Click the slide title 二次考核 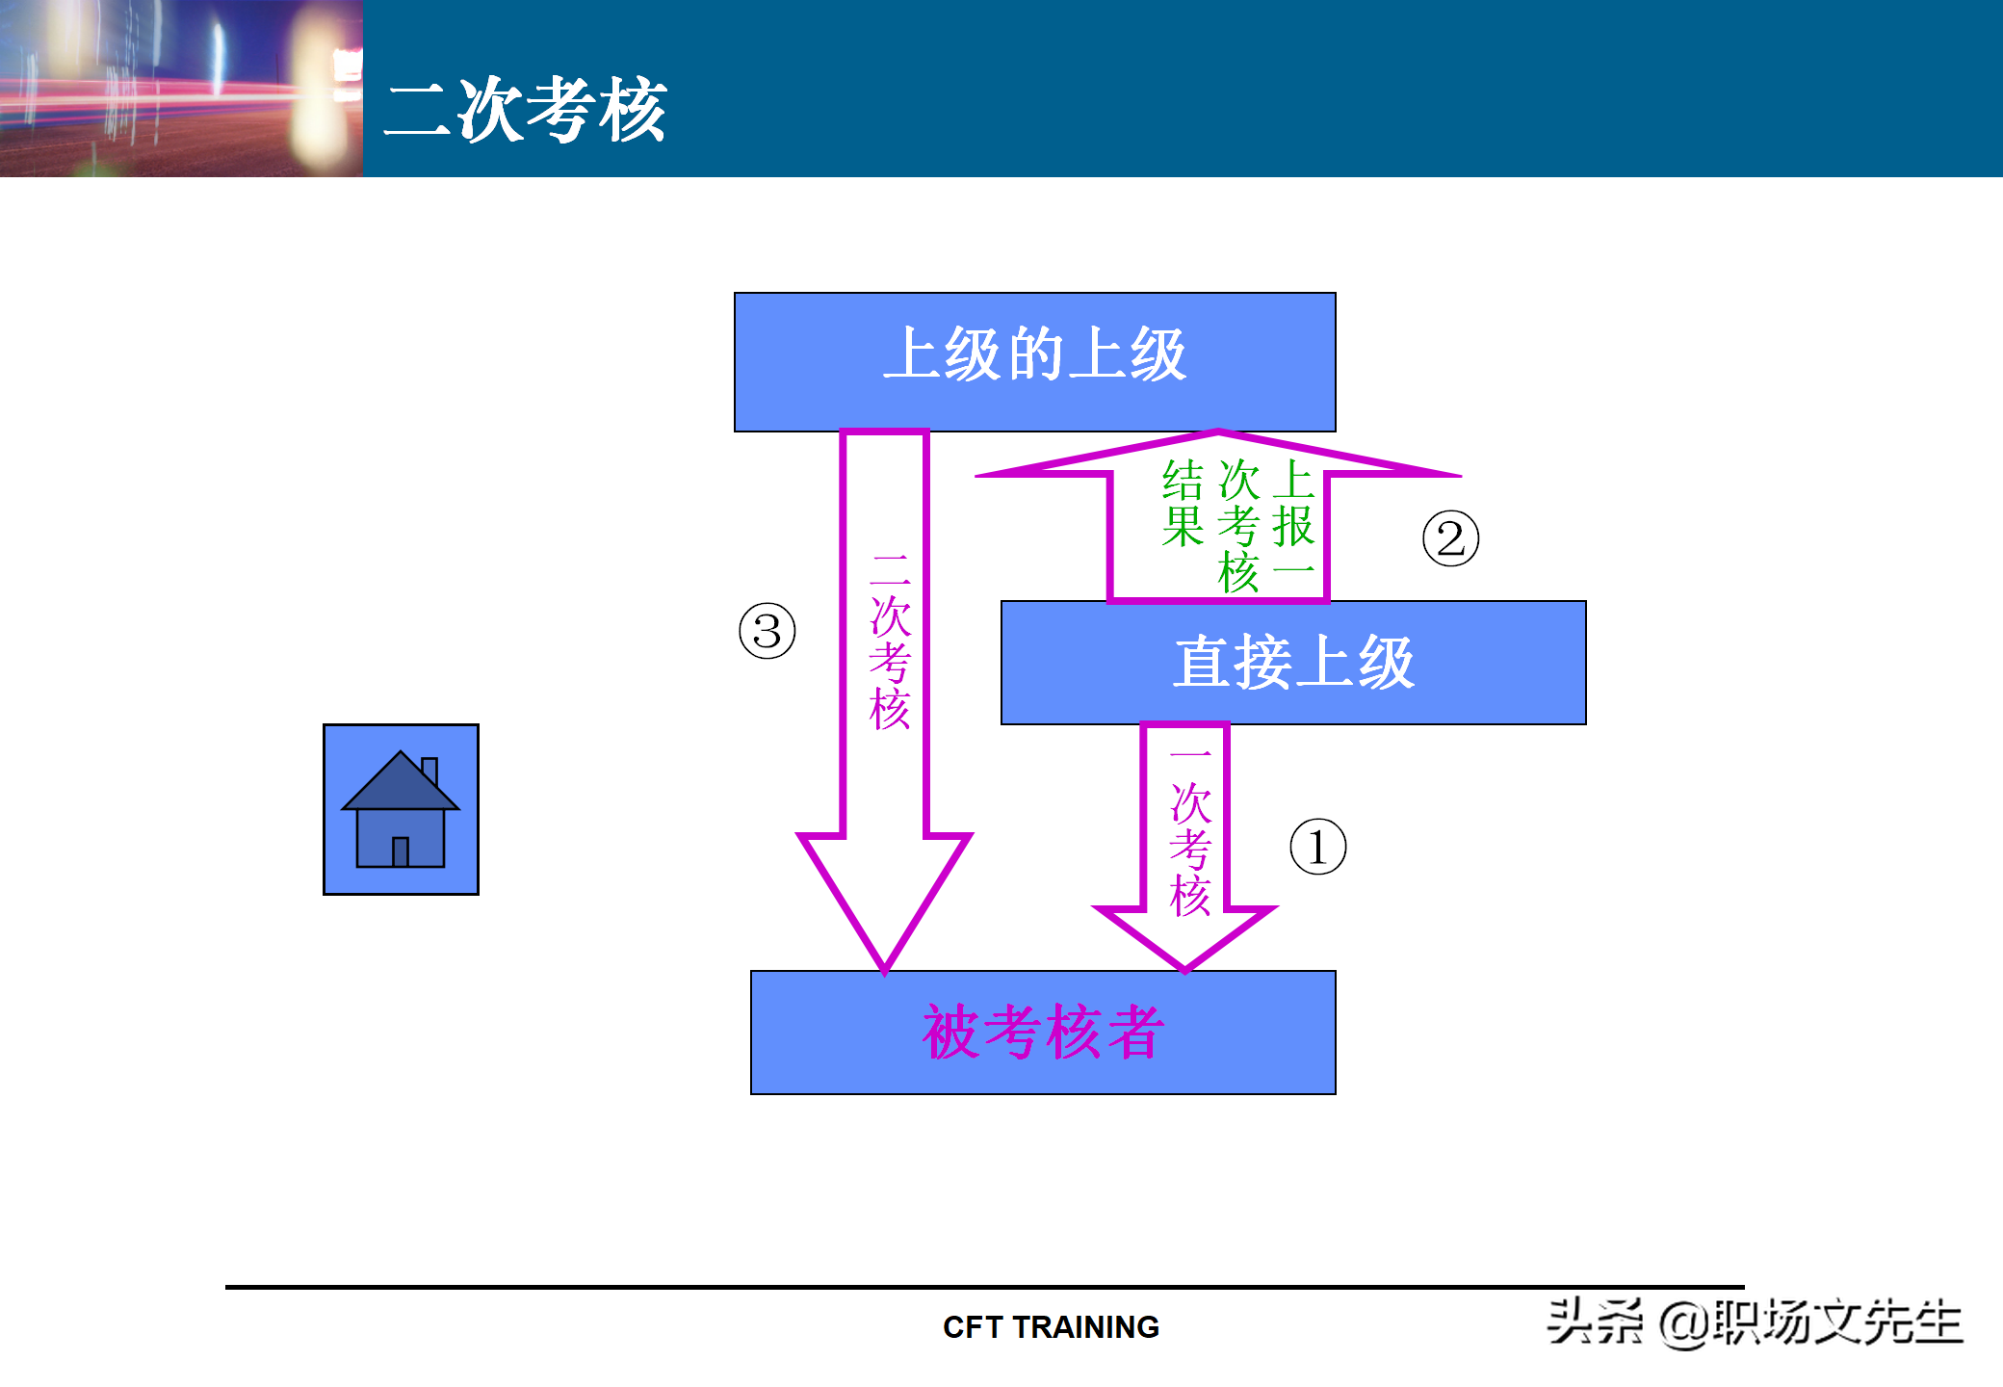pyautogui.click(x=526, y=110)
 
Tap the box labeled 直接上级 pyautogui.click(x=1292, y=663)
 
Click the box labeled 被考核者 pyautogui.click(x=1043, y=1032)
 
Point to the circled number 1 pyautogui.click(x=1317, y=847)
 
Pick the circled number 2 pyautogui.click(x=1450, y=538)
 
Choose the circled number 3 pyautogui.click(x=767, y=632)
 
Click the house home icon pyautogui.click(x=401, y=809)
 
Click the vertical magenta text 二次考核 pyautogui.click(x=890, y=641)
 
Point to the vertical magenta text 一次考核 pyautogui.click(x=1190, y=834)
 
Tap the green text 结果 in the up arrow pyautogui.click(x=1183, y=504)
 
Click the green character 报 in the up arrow pyautogui.click(x=1293, y=527)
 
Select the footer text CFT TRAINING pyautogui.click(x=1051, y=1327)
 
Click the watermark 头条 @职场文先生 pyautogui.click(x=1755, y=1322)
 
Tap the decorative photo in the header pyautogui.click(x=181, y=88)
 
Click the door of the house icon pyautogui.click(x=401, y=851)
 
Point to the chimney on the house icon pyautogui.click(x=429, y=770)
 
